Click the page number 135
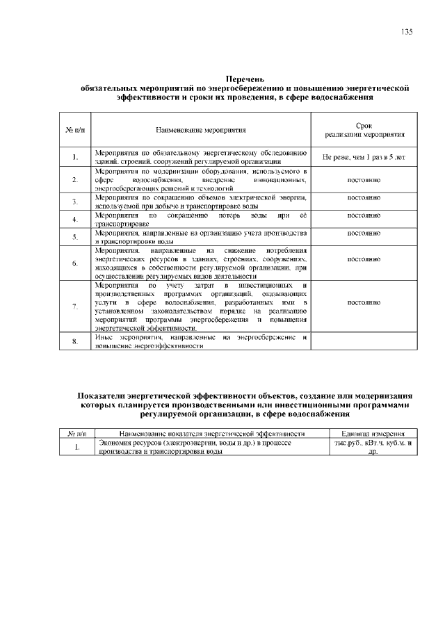pos(407,33)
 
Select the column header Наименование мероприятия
pos(201,130)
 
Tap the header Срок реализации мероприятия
pos(363,130)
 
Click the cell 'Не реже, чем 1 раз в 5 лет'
pos(363,158)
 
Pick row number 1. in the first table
pos(74,158)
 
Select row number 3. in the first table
pos(74,202)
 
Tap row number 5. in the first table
pos(74,237)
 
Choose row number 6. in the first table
pos(74,263)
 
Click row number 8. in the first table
pos(74,341)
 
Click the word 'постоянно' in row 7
pos(363,303)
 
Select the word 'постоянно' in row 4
pos(363,216)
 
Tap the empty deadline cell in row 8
pos(363,341)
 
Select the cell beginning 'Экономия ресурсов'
pos(202,446)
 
